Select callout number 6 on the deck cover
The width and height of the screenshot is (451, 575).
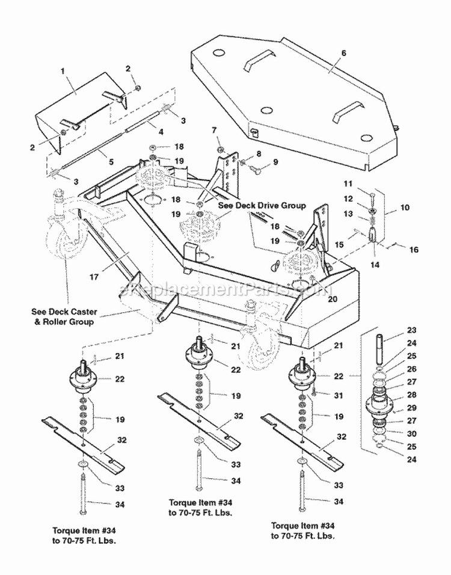(343, 53)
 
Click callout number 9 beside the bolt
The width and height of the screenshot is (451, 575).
(276, 162)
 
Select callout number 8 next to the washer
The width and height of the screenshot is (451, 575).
(258, 154)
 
